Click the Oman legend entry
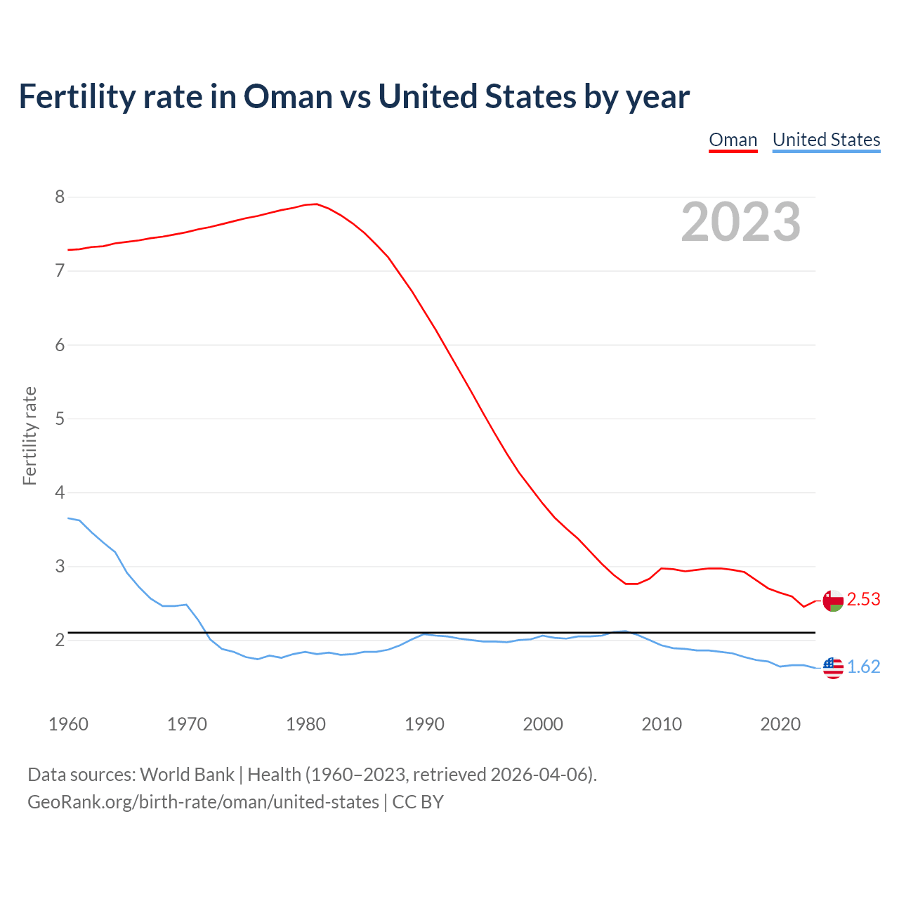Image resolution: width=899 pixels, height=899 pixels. pos(733,140)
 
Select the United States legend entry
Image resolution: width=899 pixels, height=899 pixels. pos(826,140)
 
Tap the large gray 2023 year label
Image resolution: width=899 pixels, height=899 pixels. pos(740,222)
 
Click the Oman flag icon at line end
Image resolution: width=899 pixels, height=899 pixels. pos(832,601)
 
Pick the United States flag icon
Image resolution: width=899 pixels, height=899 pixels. pos(832,668)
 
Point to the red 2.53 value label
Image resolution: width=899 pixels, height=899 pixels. pos(863,600)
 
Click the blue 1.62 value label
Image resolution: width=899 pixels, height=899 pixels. pos(863,667)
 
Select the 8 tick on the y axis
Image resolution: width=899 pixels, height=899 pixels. pos(60,197)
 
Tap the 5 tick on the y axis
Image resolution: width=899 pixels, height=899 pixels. pos(60,419)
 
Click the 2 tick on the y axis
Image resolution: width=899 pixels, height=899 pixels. pos(60,641)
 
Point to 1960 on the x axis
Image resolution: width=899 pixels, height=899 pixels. pos(68,724)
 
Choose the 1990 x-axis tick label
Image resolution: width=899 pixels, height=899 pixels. pos(424,724)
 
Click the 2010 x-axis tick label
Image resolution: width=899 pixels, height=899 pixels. pos(662,724)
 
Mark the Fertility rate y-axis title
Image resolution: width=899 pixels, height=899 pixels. pos(29,435)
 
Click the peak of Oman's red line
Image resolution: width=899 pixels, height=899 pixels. pos(316,204)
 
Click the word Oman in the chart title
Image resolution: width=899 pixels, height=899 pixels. pos(288,97)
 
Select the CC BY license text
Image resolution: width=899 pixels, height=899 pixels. pos(418,802)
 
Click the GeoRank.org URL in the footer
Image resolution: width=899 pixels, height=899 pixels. pos(203,802)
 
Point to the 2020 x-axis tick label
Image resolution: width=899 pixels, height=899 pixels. pos(780,724)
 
